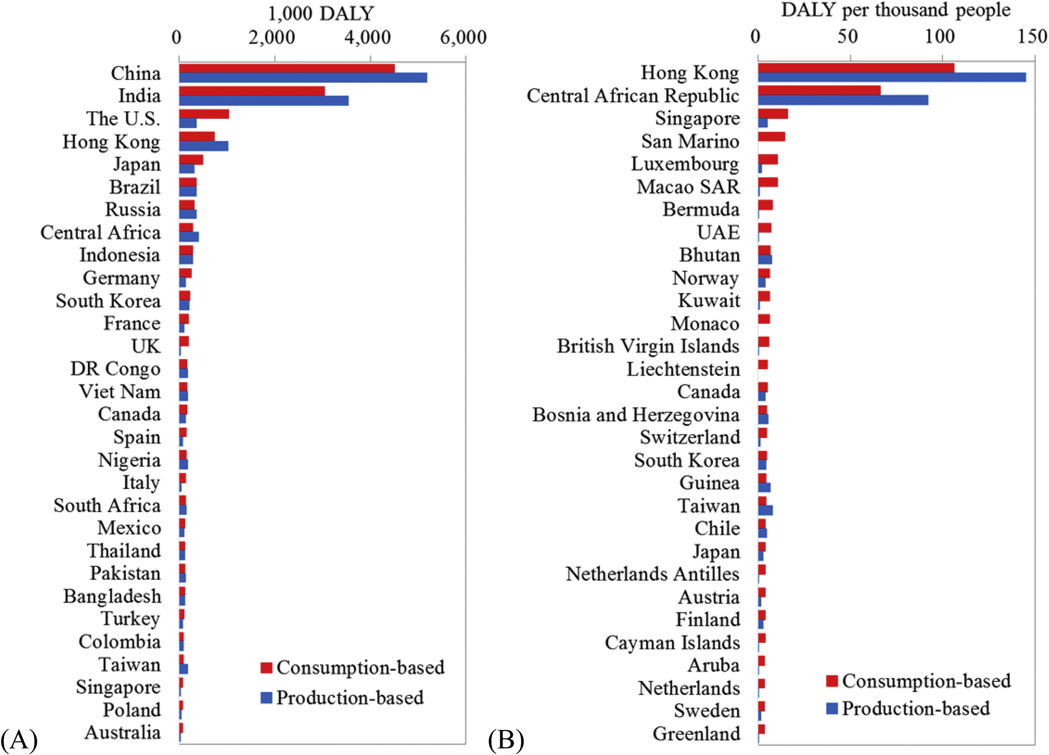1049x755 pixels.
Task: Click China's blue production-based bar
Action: coord(303,78)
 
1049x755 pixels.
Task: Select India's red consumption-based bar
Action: coord(252,91)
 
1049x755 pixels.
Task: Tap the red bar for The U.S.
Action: coord(204,114)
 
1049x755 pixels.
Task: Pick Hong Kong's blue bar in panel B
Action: coord(892,77)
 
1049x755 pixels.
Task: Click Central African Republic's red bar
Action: coord(819,90)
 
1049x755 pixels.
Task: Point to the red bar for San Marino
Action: coord(772,136)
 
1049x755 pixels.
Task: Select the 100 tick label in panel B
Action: coord(939,37)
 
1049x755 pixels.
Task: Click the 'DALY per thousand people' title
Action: coord(896,10)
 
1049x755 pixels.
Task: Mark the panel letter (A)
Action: coord(19,739)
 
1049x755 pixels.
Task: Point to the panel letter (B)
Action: coord(506,739)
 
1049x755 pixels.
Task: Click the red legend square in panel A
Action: coord(266,667)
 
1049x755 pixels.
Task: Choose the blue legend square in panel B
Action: coord(832,708)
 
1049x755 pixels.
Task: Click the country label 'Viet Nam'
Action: coord(120,391)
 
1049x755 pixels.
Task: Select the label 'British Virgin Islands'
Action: coord(648,346)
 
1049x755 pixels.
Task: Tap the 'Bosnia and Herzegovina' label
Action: coord(636,415)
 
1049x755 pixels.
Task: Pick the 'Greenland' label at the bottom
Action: coord(697,734)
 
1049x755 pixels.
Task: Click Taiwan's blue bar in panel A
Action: coord(183,669)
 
